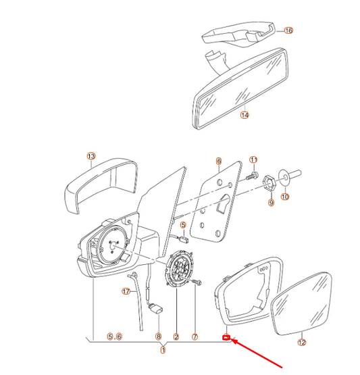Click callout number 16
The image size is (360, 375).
pos(288,30)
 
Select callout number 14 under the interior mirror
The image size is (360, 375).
pos(245,115)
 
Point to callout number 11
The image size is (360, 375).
pos(254,160)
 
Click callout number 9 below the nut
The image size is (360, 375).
pos(271,202)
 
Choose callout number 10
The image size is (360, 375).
pos(284,197)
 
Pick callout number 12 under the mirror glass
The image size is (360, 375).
pos(302,343)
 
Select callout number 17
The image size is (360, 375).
pos(126,291)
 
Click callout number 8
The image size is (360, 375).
pos(159,336)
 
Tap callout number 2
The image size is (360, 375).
pos(176,336)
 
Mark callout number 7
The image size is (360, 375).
pos(195,336)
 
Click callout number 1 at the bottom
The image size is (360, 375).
pos(162,349)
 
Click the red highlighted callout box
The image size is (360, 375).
pos(227,337)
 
